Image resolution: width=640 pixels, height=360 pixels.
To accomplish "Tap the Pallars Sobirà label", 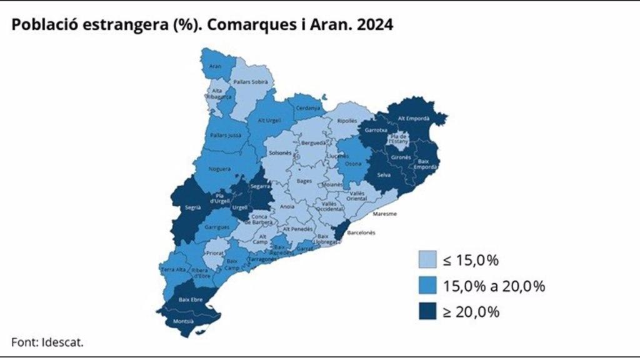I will (x=246, y=81).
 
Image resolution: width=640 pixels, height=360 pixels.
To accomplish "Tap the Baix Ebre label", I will (x=189, y=299).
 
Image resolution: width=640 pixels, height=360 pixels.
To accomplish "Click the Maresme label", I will (x=381, y=214).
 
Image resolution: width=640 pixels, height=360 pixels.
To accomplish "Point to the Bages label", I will (x=304, y=181).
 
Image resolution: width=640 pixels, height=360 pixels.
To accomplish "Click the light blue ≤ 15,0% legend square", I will (x=427, y=260).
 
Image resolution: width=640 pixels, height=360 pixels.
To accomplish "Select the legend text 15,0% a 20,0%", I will (x=494, y=286).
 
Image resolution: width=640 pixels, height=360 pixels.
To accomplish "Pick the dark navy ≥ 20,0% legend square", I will (x=427, y=312).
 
